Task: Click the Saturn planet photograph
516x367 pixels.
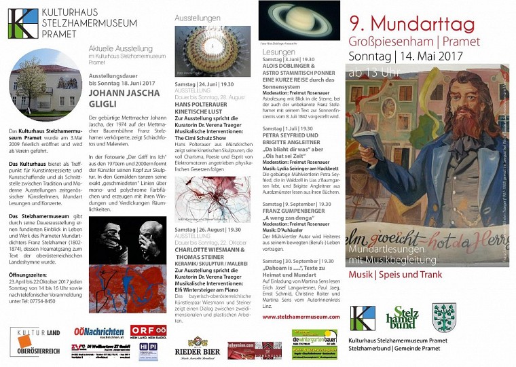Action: pos(299,20)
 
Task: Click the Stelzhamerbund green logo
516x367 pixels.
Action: pos(402,317)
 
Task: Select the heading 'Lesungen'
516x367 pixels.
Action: pos(278,52)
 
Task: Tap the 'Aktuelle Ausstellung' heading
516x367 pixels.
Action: pos(120,49)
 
